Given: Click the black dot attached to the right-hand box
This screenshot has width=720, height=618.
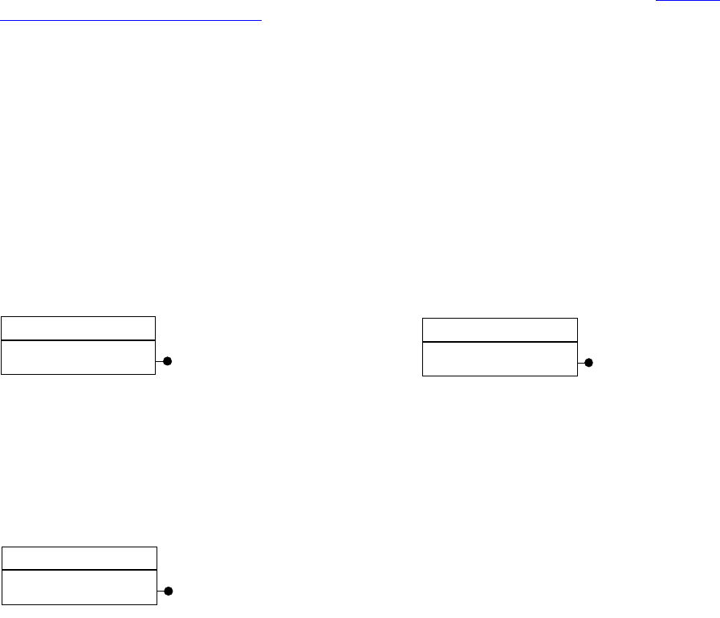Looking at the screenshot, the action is coord(588,364).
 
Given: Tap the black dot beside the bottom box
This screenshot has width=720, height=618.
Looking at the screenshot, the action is coord(169,592).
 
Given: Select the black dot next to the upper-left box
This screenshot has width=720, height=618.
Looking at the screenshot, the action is coord(168,362).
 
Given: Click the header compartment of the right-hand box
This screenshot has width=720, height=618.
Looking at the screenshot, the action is coord(499,330).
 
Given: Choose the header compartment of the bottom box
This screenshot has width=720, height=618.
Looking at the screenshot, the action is coord(79,558).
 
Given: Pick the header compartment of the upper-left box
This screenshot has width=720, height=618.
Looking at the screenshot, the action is coord(78,328).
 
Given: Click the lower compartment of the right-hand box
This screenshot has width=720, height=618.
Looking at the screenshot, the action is coord(499,358).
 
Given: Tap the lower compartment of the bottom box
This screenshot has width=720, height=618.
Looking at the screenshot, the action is coord(79,586).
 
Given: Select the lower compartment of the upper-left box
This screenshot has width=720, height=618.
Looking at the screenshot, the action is coord(78,357).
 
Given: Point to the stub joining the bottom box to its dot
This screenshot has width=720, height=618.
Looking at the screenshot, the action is coord(160,592).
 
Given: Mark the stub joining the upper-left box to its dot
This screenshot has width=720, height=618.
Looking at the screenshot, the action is coord(159,362).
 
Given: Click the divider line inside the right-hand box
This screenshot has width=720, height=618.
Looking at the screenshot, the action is coord(499,342).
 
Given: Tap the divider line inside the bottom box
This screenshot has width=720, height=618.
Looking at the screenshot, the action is coord(79,570).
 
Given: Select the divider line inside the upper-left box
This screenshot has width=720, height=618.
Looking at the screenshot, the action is coord(78,340).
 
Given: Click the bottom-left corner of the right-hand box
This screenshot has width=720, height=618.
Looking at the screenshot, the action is coord(423,375).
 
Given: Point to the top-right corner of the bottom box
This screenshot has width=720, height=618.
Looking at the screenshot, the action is coord(156,547).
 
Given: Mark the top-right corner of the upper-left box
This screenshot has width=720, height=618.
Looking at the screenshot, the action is coord(155,317).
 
